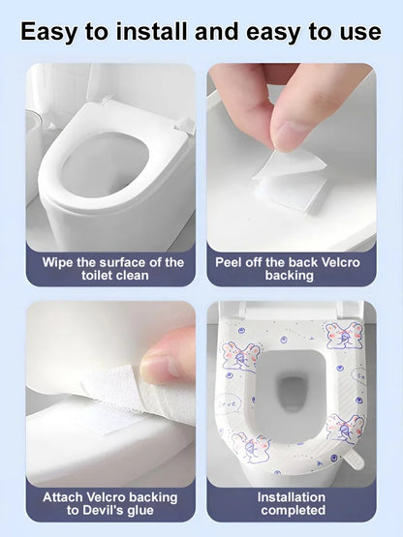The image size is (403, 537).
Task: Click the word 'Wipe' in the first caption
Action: (x=60, y=262)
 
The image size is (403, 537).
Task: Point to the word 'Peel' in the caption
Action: (x=232, y=262)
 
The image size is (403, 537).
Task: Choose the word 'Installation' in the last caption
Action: (x=291, y=497)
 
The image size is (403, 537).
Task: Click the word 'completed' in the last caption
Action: (x=291, y=511)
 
